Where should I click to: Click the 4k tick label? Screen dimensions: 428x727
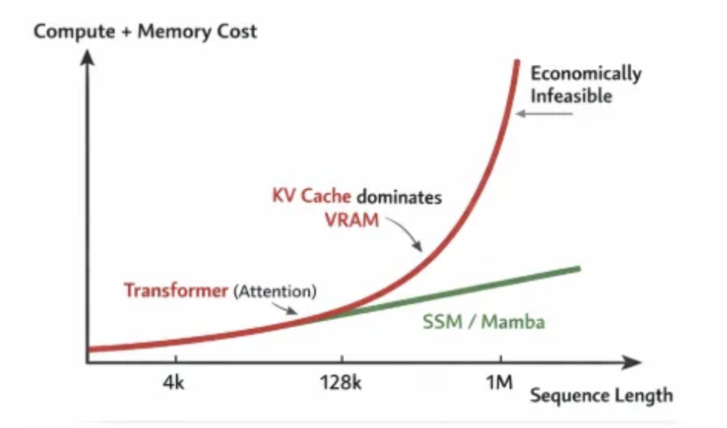[x=175, y=383]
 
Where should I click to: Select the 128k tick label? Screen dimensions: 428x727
[x=340, y=383]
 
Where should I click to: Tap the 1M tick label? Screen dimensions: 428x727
[x=500, y=383]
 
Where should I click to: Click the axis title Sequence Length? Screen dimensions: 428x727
[x=601, y=396]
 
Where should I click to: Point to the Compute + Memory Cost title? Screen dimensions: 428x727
[x=145, y=32]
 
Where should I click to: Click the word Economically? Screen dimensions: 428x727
[x=586, y=74]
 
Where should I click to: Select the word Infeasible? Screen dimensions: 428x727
[x=572, y=96]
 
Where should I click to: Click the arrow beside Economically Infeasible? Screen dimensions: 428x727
[x=544, y=114]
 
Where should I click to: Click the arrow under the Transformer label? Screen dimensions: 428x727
[x=289, y=308]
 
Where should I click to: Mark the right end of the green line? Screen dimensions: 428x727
[x=577, y=268]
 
